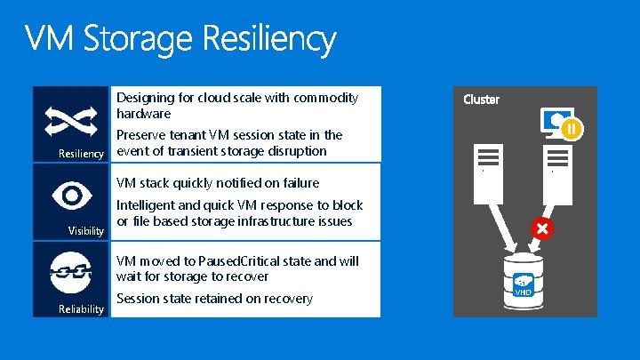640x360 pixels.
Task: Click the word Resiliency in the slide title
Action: tap(270, 41)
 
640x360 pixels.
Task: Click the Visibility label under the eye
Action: tap(86, 231)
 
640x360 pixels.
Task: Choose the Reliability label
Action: tap(82, 308)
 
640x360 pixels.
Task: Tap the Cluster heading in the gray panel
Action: tap(481, 100)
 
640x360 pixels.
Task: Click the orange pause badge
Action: tap(572, 130)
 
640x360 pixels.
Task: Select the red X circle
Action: tap(541, 228)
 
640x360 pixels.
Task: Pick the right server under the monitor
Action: tap(557, 158)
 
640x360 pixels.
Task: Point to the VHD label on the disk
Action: tap(523, 292)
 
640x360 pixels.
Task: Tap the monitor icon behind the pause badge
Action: tap(553, 121)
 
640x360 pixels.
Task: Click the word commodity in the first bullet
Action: tap(324, 98)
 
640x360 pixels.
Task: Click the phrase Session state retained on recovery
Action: tap(214, 299)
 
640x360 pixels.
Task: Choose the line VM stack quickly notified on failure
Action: tap(218, 183)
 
